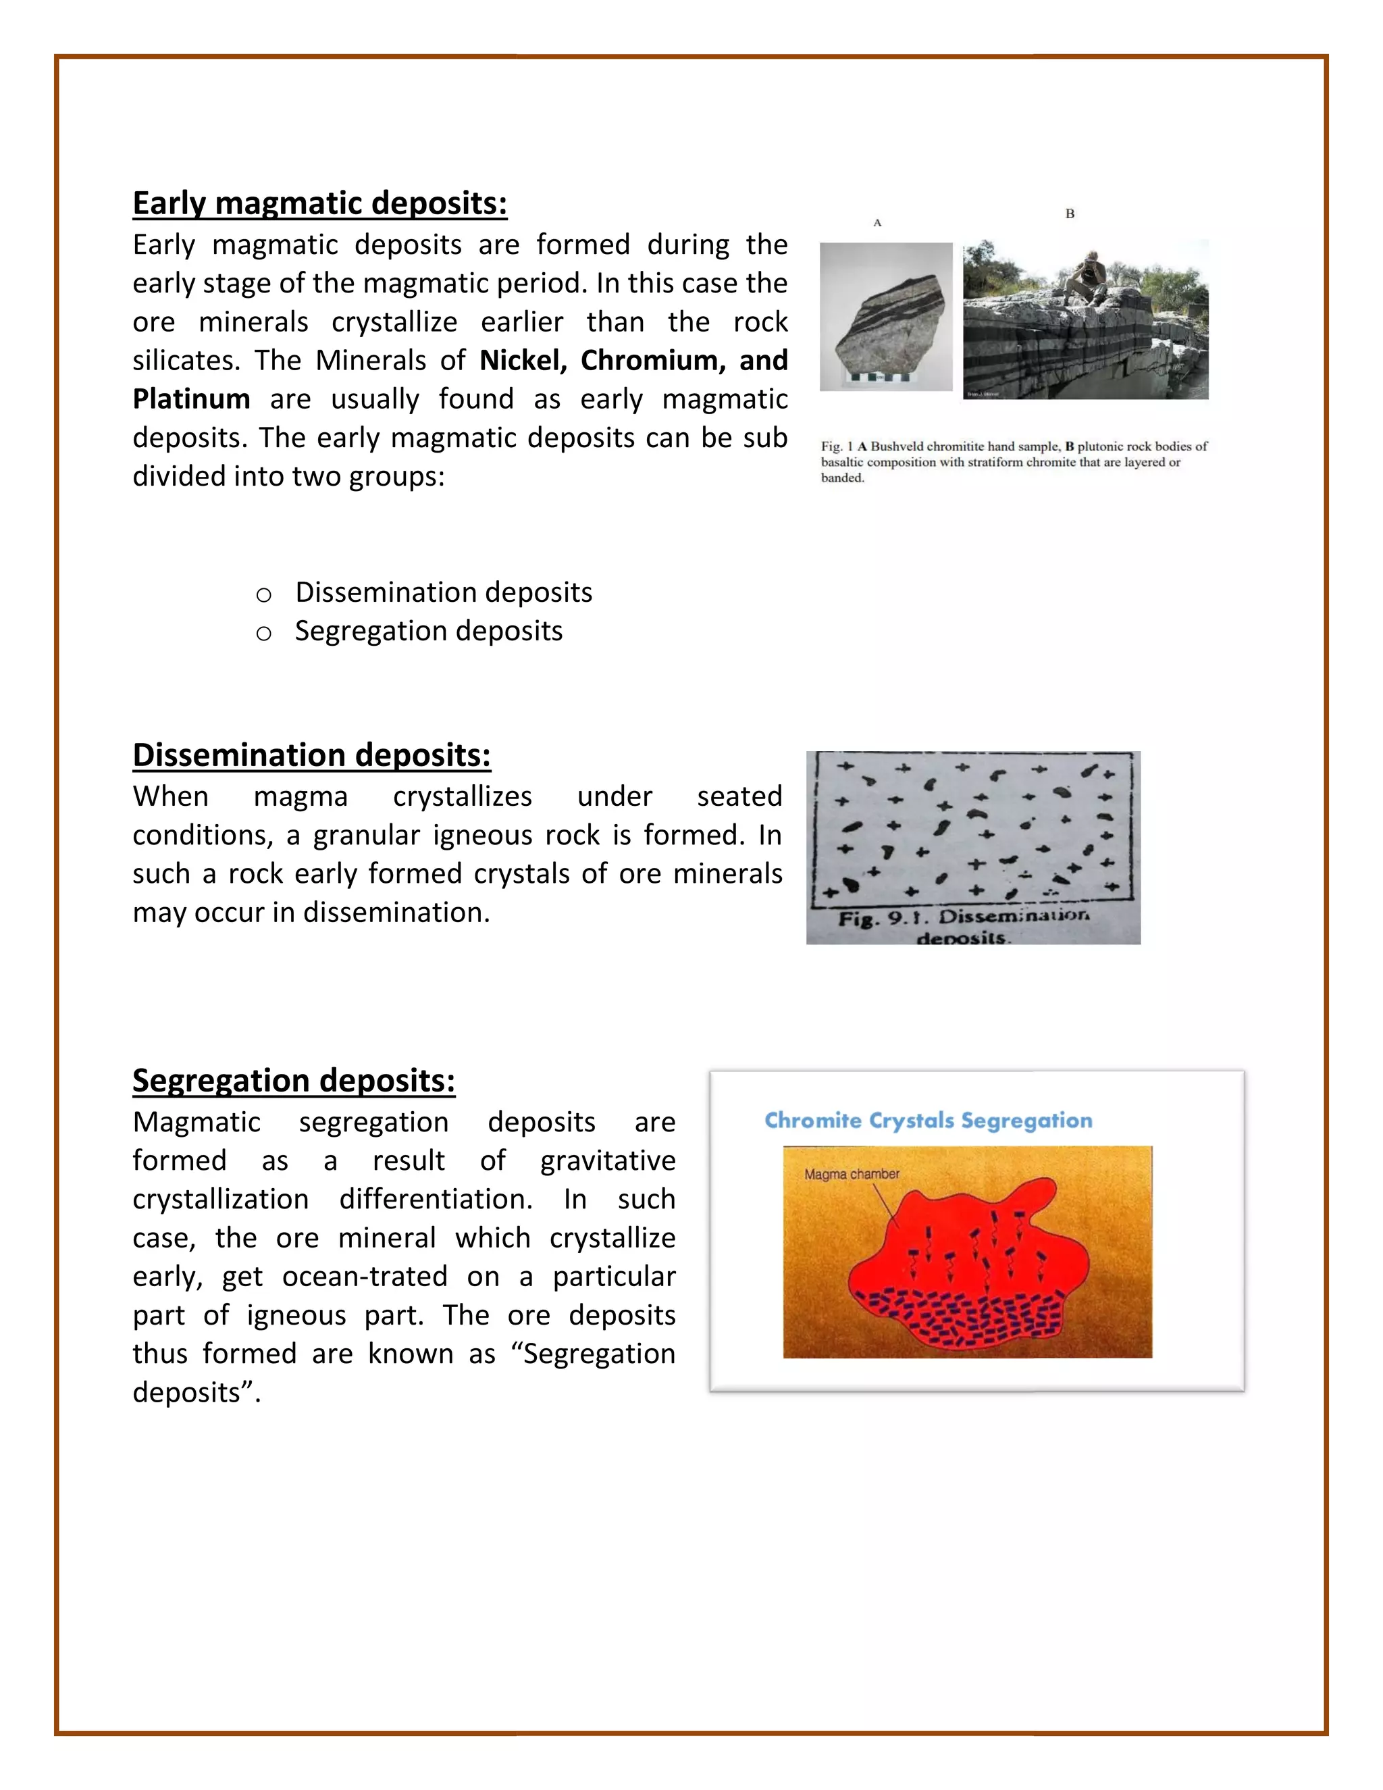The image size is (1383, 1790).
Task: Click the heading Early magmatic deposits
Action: click(x=319, y=203)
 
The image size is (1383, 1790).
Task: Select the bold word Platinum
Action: click(x=191, y=399)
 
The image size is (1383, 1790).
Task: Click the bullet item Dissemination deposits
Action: click(x=443, y=592)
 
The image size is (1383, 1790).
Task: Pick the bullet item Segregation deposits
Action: click(x=429, y=631)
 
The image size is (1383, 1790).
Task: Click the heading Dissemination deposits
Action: click(x=311, y=755)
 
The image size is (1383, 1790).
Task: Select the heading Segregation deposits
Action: click(x=293, y=1080)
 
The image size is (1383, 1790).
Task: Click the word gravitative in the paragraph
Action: click(x=607, y=1160)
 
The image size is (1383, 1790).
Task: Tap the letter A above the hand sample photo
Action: click(x=877, y=223)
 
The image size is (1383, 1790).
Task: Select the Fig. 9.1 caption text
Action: click(x=964, y=926)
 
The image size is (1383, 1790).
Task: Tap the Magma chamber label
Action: click(x=852, y=1175)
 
